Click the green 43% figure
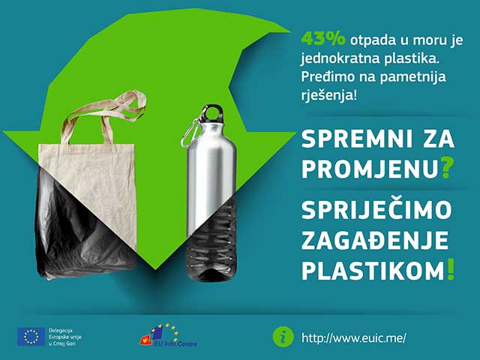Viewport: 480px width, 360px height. (x=323, y=40)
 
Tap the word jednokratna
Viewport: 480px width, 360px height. (x=340, y=58)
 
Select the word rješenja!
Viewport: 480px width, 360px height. (x=328, y=95)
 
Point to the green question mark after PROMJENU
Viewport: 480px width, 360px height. (x=446, y=169)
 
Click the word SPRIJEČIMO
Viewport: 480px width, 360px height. (x=376, y=210)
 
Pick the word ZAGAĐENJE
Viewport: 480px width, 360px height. (x=375, y=240)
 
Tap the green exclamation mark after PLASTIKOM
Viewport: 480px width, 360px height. (x=450, y=269)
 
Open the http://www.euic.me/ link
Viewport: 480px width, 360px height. (x=354, y=338)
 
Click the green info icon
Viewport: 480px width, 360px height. (x=283, y=337)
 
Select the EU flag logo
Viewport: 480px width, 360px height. (x=31, y=337)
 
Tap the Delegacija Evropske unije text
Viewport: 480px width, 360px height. (x=65, y=337)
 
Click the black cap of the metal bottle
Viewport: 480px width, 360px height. (x=214, y=112)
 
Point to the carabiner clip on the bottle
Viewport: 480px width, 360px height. (x=190, y=132)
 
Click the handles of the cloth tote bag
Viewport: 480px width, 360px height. (x=104, y=116)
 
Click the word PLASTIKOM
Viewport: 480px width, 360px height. (x=373, y=270)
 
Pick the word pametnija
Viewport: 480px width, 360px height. (x=412, y=76)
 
